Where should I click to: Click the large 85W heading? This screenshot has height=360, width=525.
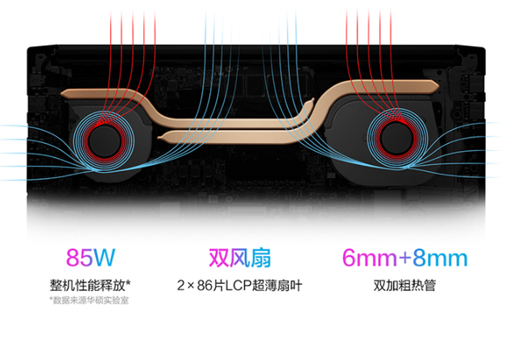(x=91, y=257)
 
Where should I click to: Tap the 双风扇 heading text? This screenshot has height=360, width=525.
(x=239, y=258)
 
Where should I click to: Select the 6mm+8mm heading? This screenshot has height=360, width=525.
(x=404, y=258)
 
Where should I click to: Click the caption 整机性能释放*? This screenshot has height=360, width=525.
(x=90, y=285)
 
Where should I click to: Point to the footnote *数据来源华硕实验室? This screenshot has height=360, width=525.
(x=89, y=300)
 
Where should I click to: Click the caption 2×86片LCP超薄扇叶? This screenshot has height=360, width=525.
(x=239, y=286)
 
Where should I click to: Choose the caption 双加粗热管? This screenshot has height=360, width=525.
(x=404, y=285)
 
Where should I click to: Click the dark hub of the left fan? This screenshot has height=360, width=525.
(x=104, y=141)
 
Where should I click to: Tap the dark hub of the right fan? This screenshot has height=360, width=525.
(x=397, y=138)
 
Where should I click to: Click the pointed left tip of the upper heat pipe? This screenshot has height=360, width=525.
(x=62, y=93)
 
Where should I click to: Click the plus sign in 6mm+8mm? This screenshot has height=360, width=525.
(x=405, y=258)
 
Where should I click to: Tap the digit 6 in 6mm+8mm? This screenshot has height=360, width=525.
(x=348, y=258)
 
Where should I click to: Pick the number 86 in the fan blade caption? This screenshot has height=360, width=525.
(x=204, y=286)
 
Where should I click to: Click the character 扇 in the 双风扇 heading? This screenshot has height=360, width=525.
(x=260, y=258)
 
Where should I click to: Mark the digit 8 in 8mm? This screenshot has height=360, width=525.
(x=419, y=258)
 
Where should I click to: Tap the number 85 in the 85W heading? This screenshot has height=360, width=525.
(x=78, y=258)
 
